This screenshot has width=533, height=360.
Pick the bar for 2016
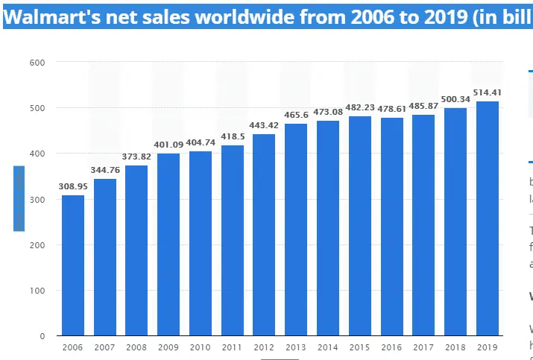391,227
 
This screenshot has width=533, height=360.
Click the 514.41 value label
488,93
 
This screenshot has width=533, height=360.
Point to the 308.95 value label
73,186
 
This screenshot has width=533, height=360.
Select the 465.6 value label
296,116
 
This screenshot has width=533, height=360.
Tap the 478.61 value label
391,109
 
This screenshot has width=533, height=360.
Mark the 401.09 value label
168,145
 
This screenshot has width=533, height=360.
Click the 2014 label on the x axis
328,347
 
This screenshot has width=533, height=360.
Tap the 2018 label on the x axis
455,347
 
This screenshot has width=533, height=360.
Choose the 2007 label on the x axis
105,347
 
